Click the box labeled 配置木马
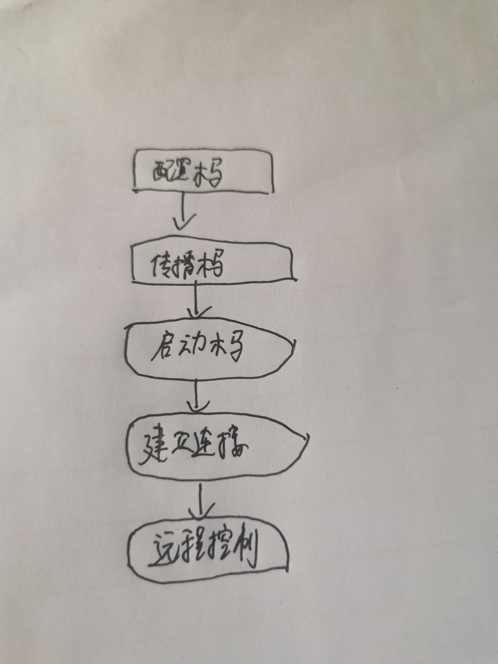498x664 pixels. coord(203,171)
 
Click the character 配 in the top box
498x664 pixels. coord(162,173)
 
